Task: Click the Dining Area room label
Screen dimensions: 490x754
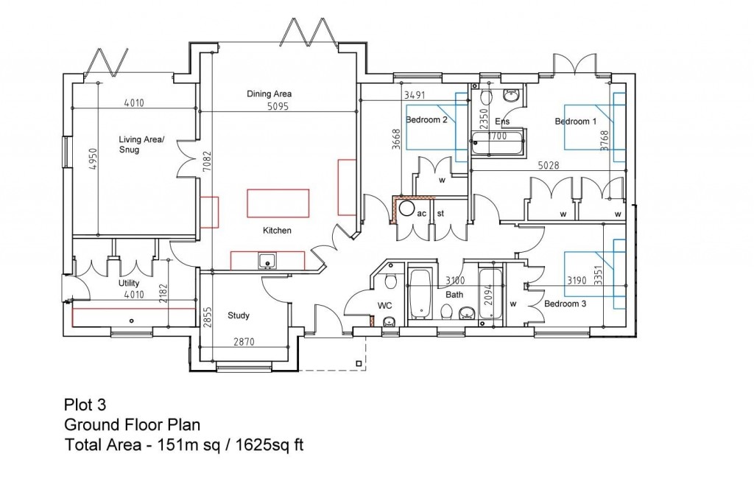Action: [x=269, y=94]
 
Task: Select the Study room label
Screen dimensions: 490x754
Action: [x=238, y=315]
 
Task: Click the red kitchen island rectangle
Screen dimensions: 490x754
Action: [x=278, y=202]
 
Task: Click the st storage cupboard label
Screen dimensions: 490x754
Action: [x=441, y=213]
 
